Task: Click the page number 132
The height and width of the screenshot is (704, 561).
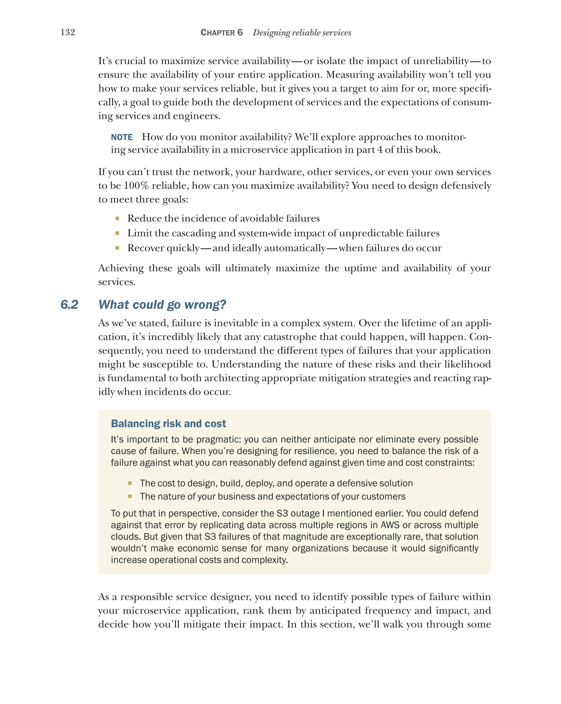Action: (x=68, y=32)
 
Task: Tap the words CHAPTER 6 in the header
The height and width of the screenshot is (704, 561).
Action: (x=221, y=32)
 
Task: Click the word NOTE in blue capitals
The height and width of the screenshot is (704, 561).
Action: (x=122, y=137)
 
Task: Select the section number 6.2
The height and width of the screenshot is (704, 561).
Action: (x=69, y=305)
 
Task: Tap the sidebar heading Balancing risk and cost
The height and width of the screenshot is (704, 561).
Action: (x=168, y=423)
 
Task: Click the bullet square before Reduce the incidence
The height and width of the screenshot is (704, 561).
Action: (x=117, y=218)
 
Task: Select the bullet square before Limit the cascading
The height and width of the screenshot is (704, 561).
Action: (x=117, y=233)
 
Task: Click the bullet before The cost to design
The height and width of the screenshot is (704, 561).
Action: (x=130, y=483)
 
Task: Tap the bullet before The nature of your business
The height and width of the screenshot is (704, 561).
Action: (x=130, y=496)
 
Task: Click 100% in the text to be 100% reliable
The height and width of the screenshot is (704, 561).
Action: (x=136, y=186)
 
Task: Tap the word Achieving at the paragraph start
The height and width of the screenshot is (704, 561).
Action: (x=121, y=268)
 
